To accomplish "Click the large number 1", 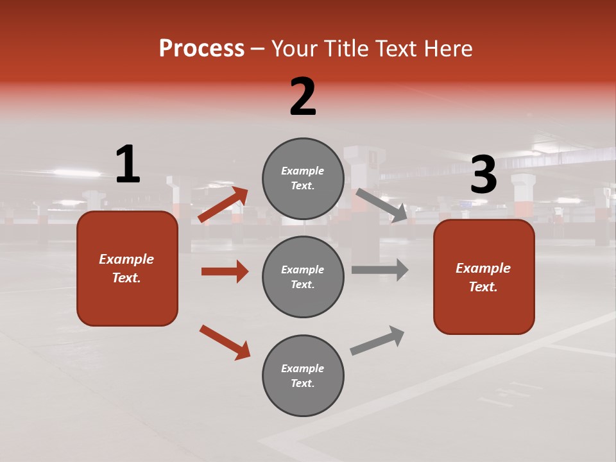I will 128,165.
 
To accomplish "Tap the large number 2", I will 303,97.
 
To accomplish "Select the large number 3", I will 484,175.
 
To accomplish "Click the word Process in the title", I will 201,48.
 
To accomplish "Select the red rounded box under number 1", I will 127,268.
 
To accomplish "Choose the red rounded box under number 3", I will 484,277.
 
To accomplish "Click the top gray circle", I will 303,178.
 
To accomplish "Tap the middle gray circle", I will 303,277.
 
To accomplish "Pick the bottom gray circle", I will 303,375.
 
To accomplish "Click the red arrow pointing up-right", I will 223,205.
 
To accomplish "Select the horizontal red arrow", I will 225,271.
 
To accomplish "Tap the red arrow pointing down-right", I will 225,342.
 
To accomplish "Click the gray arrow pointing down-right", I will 381,205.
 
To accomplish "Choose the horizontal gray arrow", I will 380,269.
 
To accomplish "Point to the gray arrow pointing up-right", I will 377,340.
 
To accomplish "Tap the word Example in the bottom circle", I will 303,368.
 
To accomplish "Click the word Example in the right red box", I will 483,268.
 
